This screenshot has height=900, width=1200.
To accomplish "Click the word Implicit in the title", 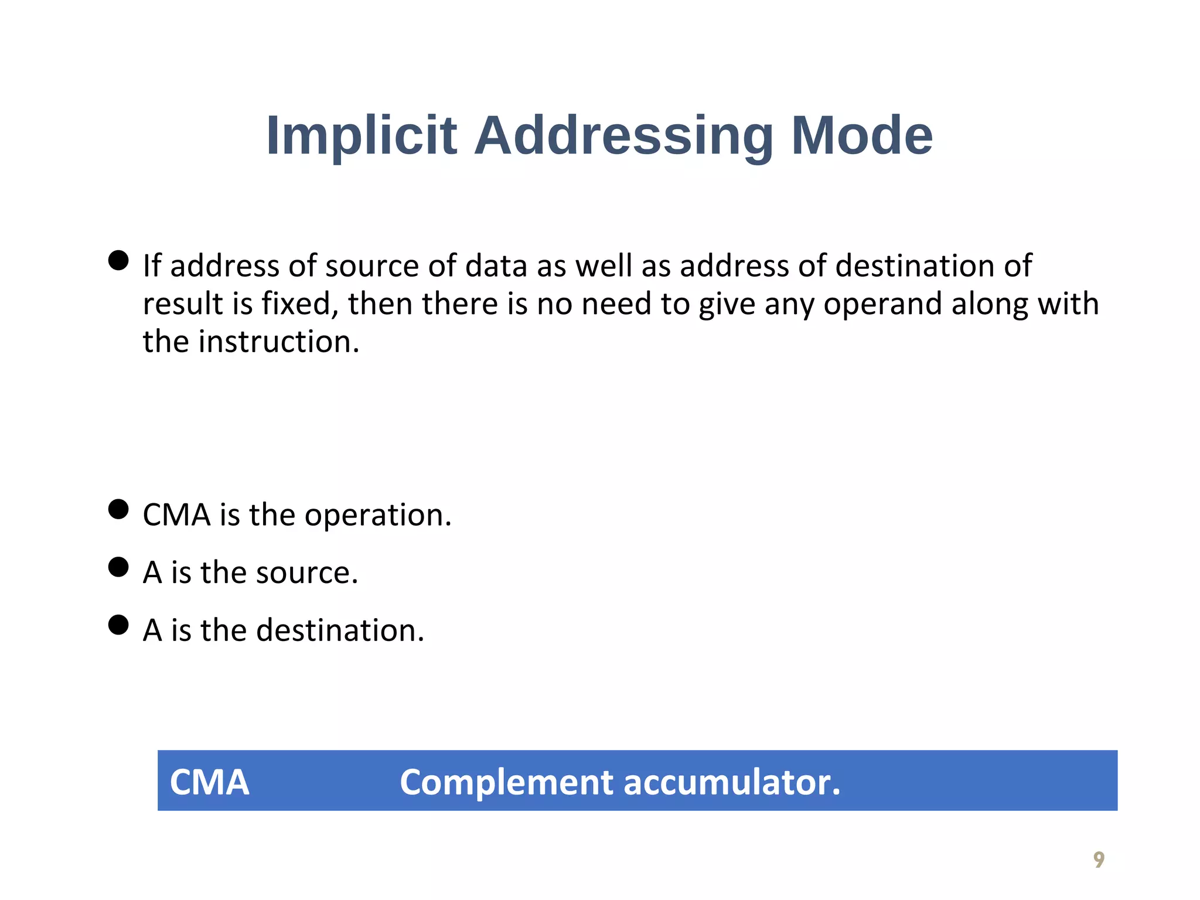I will (361, 136).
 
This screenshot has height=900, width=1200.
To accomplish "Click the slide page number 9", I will (1099, 860).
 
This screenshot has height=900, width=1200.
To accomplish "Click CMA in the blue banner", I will (209, 782).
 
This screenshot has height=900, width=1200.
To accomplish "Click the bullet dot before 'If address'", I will (118, 260).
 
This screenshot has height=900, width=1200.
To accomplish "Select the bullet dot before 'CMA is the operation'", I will (118, 509).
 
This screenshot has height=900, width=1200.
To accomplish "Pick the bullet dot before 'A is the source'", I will (118, 567).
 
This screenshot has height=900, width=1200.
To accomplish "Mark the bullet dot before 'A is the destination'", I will (118, 625).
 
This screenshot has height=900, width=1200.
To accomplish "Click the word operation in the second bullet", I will (378, 516).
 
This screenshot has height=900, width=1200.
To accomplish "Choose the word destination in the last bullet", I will (340, 630).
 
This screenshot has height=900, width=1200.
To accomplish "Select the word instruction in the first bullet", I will (279, 342).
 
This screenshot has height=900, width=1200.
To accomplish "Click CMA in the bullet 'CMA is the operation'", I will (176, 516).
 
